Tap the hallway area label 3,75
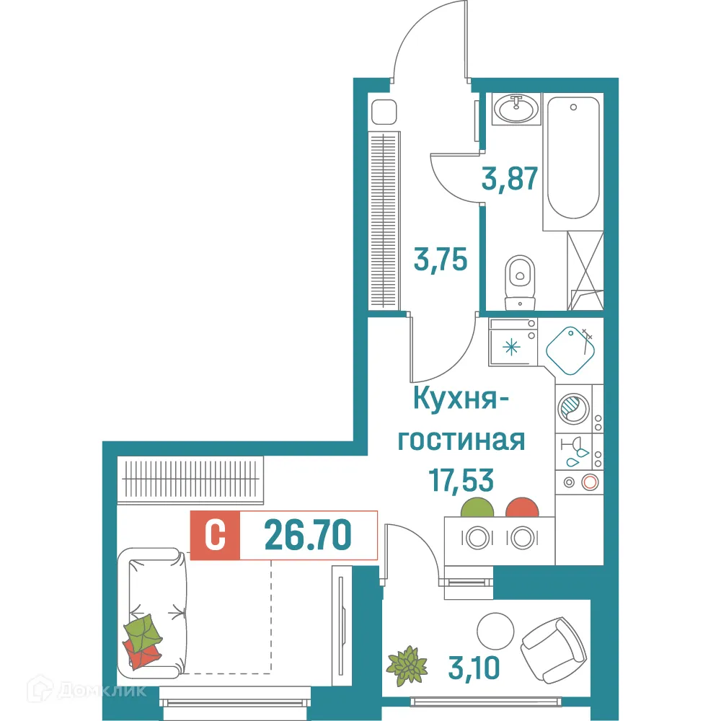click(x=442, y=257)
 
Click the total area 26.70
click(x=308, y=536)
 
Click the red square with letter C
click(x=214, y=536)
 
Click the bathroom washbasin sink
click(x=515, y=110)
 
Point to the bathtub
click(x=572, y=162)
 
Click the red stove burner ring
click(x=590, y=482)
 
